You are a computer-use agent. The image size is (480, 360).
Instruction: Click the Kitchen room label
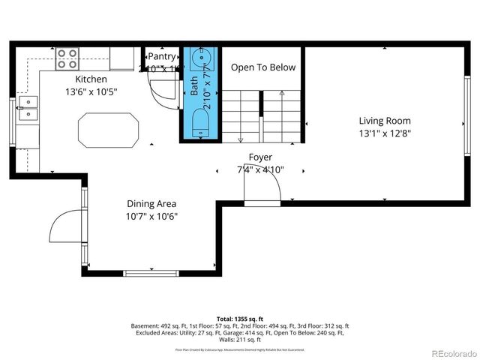tap(91, 79)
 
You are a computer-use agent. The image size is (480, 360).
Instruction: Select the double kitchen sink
tap(27, 108)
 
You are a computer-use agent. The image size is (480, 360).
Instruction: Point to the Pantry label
tap(162, 56)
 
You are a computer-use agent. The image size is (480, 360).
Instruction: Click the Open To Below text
tap(262, 67)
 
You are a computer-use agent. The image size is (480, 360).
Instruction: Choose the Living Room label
tap(385, 120)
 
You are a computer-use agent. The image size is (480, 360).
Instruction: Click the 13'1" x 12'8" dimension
tap(385, 133)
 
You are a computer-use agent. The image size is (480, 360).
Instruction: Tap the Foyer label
tap(260, 157)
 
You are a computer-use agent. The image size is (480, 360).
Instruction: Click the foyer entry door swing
tap(262, 191)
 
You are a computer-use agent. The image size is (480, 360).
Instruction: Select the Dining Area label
tap(151, 203)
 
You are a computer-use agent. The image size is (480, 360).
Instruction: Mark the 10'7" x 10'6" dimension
tap(151, 217)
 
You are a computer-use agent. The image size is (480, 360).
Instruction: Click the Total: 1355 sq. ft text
tap(239, 319)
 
